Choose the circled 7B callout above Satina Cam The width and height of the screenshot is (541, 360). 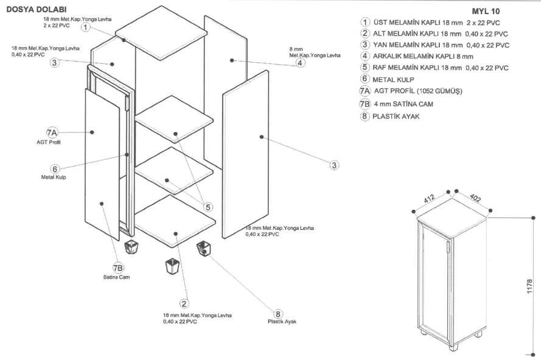(x=118, y=268)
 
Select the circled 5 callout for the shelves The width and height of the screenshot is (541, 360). (x=208, y=207)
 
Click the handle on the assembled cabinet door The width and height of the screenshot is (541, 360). (x=447, y=248)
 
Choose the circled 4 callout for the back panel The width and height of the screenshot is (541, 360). (x=300, y=62)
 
